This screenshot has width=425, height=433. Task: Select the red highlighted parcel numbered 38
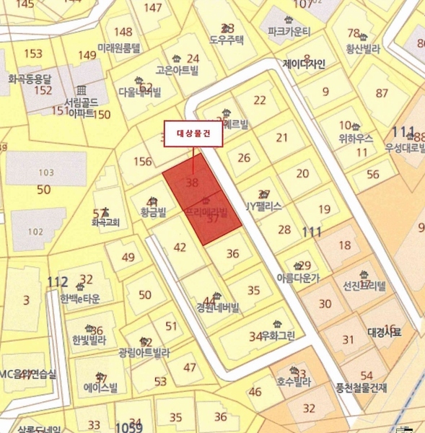[x=192, y=183]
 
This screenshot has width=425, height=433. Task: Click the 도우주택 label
[x=227, y=40]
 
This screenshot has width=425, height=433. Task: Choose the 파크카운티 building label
[x=288, y=32]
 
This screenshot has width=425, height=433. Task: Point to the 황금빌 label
[x=152, y=212]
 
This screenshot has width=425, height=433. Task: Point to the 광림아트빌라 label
[x=144, y=353]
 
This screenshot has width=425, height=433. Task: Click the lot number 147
[x=153, y=8]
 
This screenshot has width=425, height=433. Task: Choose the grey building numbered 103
[x=45, y=172]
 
